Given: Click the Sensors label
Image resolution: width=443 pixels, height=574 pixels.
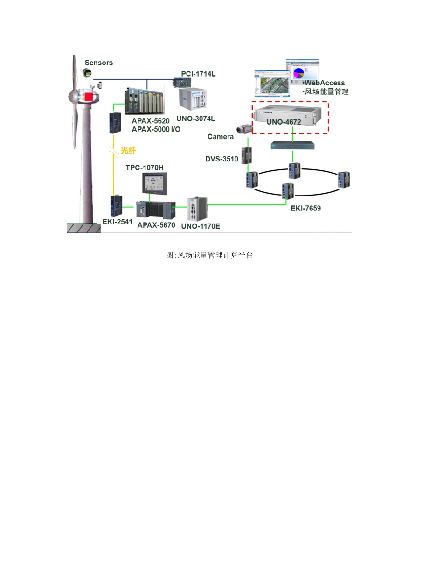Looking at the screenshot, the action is [99, 63].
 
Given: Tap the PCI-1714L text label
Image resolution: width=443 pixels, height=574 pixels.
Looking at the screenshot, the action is [198, 74].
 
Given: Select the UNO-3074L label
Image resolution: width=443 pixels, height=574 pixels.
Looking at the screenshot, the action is [195, 119].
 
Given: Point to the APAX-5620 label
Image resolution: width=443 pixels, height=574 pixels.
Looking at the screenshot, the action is [151, 121].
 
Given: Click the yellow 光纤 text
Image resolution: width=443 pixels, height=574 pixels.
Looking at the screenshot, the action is [128, 151].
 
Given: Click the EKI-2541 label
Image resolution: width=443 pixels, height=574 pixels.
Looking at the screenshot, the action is [117, 222].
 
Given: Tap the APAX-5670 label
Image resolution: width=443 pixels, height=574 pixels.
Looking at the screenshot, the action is [156, 225].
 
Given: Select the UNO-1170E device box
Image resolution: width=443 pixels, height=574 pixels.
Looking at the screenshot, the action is [197, 209].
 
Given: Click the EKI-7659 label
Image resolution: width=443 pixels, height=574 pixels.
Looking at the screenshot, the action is [305, 208].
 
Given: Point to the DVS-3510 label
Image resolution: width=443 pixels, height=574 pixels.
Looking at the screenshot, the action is [221, 159].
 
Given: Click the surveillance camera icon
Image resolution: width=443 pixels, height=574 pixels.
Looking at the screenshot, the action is [244, 129].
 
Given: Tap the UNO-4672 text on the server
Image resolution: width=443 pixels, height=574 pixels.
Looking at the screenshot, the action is [284, 122].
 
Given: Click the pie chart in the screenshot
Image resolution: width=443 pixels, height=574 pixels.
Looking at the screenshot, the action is [299, 73].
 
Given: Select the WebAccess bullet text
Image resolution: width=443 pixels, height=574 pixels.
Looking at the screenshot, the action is [324, 83].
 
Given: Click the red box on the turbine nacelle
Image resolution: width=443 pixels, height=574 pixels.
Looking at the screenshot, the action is [89, 97].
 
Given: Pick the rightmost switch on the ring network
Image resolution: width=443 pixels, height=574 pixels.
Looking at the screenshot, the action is [344, 180].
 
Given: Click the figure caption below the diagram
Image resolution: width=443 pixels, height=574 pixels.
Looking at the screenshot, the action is [209, 255].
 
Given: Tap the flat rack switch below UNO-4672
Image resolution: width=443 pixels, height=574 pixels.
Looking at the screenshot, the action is [292, 146].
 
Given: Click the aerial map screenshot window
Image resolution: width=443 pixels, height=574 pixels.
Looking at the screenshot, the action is [272, 84].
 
